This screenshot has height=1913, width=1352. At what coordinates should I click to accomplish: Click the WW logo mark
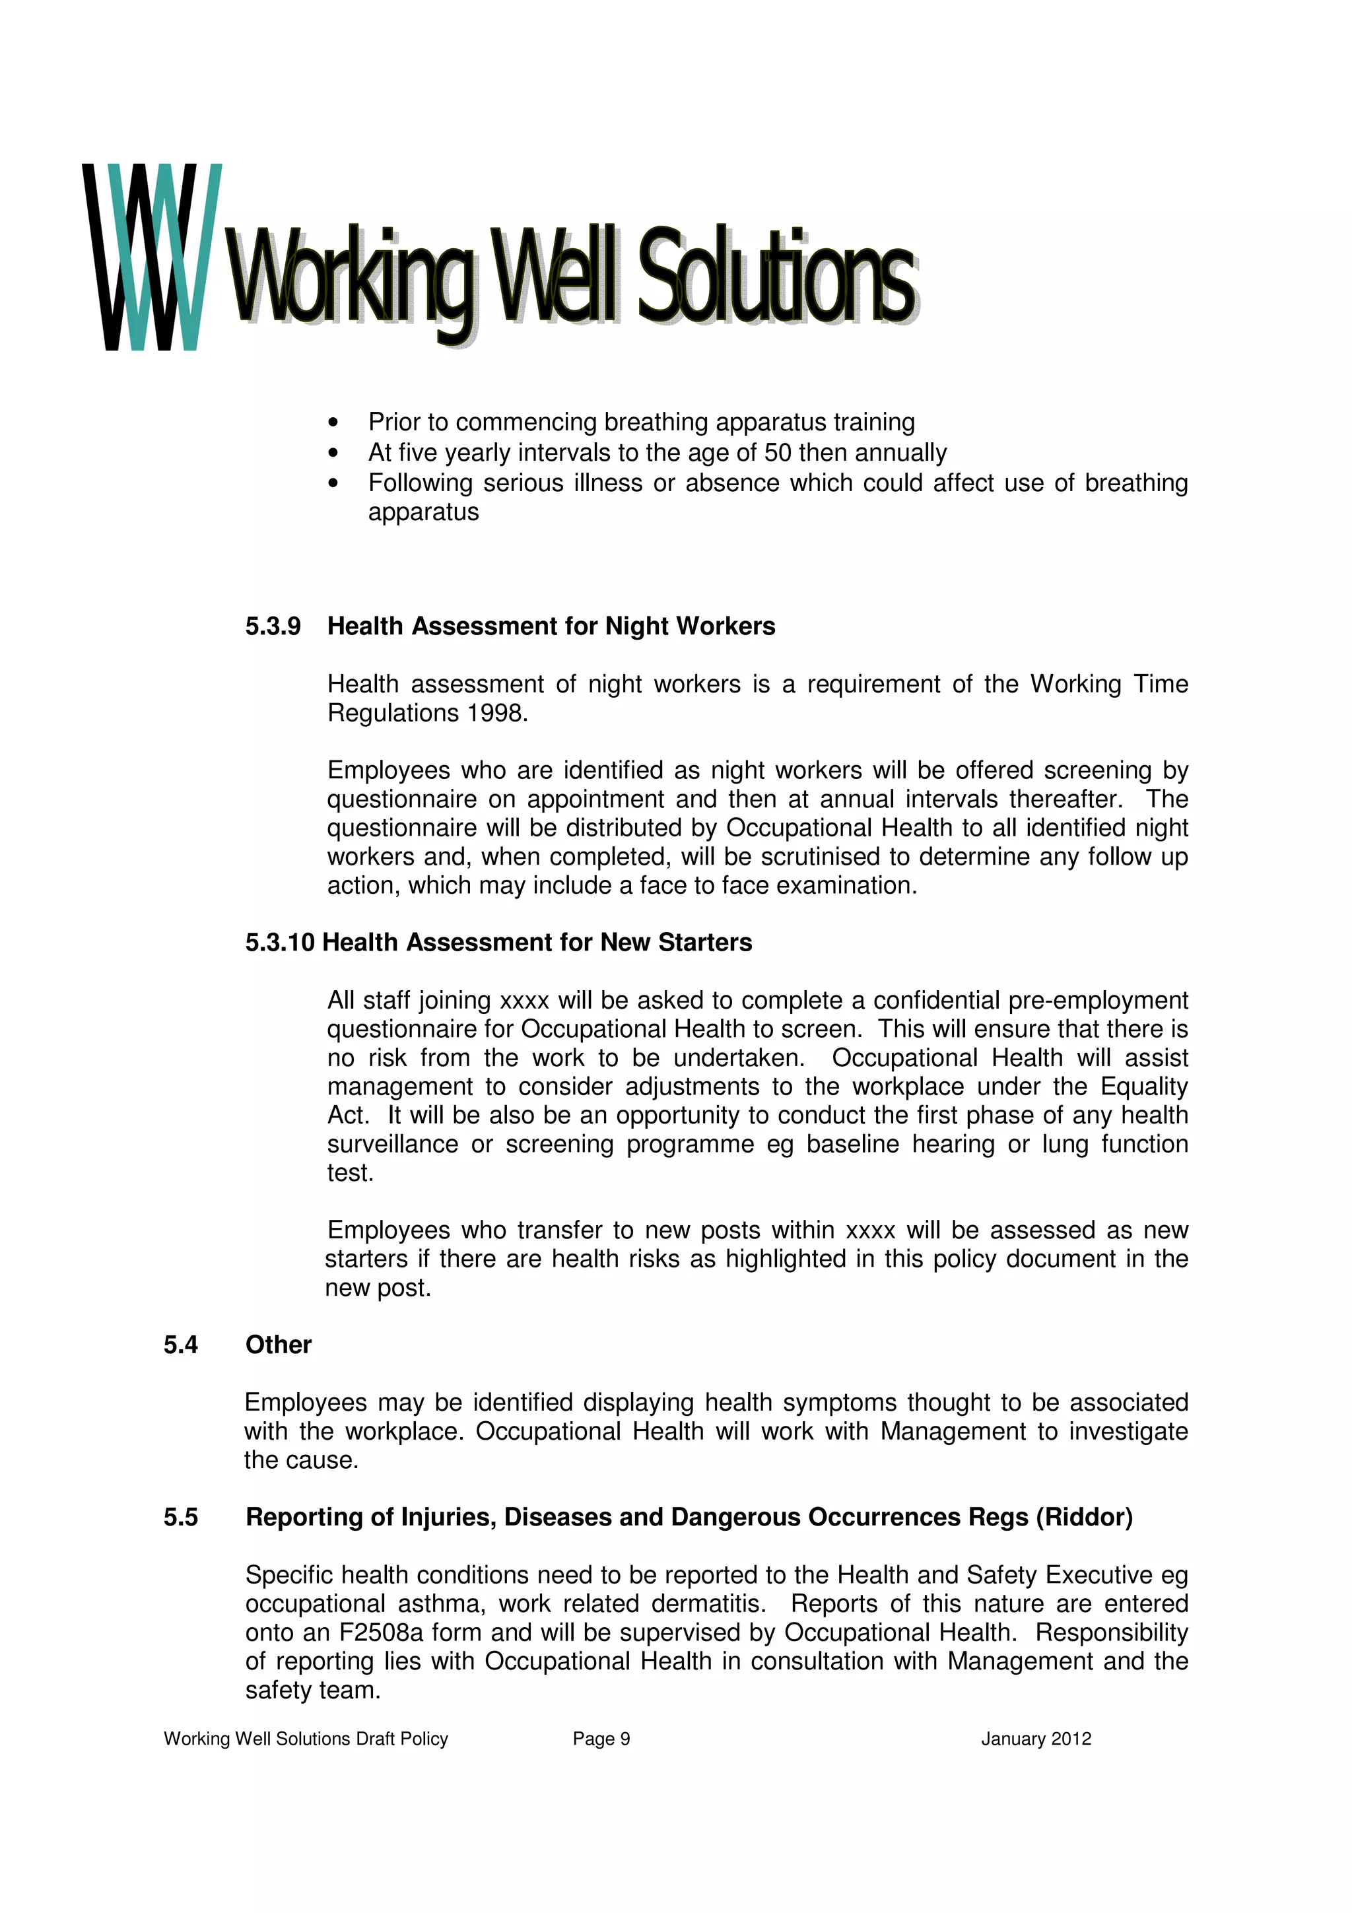click(x=152, y=257)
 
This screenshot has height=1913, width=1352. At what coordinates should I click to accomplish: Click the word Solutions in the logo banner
click(x=776, y=277)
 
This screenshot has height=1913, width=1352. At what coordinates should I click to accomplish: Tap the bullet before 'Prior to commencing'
click(x=333, y=422)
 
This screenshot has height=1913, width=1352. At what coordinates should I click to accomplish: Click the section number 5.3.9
click(x=273, y=626)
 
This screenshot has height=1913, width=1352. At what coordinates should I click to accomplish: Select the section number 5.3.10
click(x=280, y=943)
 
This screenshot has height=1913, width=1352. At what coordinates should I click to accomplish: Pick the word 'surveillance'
click(x=392, y=1144)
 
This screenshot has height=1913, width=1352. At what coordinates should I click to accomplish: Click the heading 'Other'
click(x=278, y=1345)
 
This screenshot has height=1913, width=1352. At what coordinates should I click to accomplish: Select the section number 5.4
click(x=181, y=1345)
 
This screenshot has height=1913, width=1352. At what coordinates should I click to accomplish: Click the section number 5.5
click(x=181, y=1517)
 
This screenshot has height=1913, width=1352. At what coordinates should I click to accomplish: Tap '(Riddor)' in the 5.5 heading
click(x=1084, y=1517)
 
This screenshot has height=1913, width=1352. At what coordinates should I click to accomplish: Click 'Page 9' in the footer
click(x=601, y=1739)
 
